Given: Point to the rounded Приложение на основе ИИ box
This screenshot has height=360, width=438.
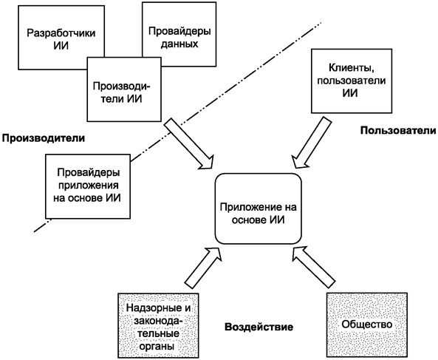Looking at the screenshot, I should click(x=258, y=208).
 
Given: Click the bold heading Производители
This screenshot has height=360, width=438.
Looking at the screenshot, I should click(x=43, y=137).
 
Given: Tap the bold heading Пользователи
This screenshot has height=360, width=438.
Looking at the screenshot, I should click(x=395, y=130).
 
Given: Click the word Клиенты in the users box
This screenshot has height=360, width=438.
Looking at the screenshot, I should click(x=345, y=66).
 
